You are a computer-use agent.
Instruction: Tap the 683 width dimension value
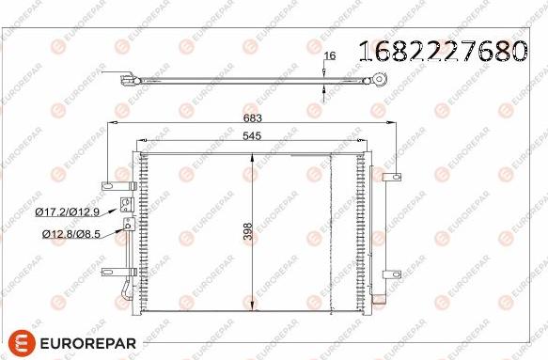point(252,118)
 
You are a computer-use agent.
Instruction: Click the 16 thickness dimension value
point(328,56)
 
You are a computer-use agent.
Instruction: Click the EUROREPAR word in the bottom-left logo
point(90,341)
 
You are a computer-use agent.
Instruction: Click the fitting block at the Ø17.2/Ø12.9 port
point(125,206)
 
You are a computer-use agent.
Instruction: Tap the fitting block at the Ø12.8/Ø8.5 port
point(130,225)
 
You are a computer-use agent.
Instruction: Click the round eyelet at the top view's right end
point(381,81)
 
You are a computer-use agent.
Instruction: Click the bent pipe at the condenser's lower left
point(125,287)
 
